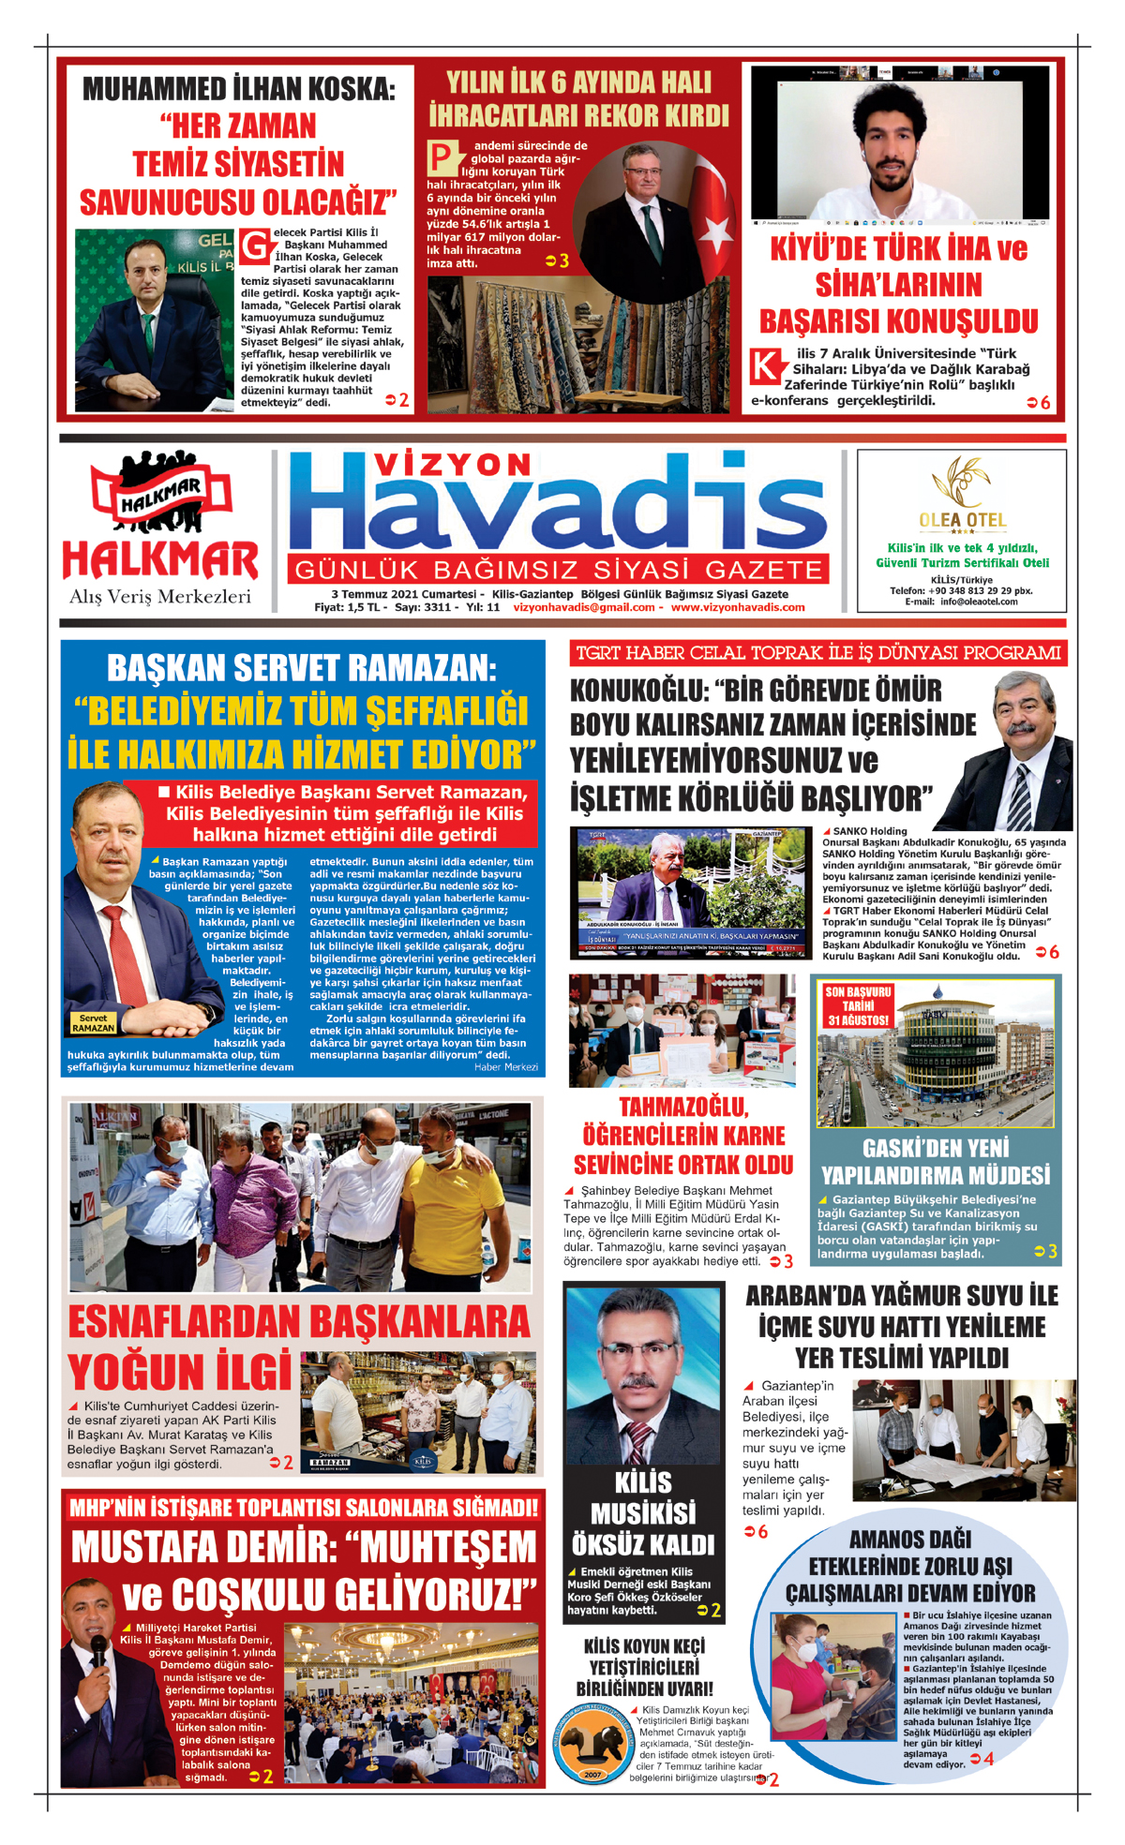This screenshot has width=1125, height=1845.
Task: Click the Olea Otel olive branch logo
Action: pos(961,484)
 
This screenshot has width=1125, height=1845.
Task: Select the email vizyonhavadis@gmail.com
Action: pos(584,607)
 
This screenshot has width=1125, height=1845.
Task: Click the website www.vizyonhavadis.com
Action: pos(738,607)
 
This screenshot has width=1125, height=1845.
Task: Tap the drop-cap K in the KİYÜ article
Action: pos(766,366)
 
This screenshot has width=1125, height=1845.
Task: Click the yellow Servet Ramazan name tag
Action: pos(93,1022)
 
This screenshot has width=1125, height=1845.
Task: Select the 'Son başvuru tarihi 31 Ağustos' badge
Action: pos(858,1005)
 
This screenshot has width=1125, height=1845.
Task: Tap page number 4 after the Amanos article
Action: pos(988,1759)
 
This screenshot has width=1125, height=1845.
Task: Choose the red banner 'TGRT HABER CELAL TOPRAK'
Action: pos(817,653)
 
